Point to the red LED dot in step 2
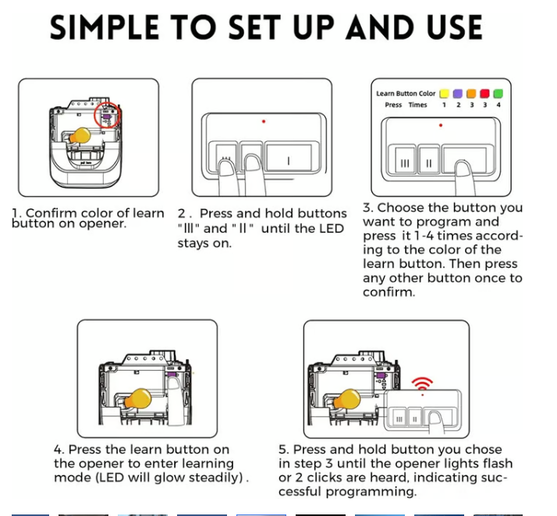coord(264,121)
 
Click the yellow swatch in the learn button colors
coord(444,94)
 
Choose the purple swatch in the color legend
coord(457,94)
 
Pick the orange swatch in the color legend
coord(471,94)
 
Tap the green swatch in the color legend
coord(498,94)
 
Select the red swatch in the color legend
coord(484,94)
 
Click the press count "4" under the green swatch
coord(498,105)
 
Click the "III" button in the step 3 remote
coord(404,162)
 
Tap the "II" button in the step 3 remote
coord(428,162)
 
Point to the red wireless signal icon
coord(422,383)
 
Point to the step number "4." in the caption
coord(59,450)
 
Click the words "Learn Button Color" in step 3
coord(405,94)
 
